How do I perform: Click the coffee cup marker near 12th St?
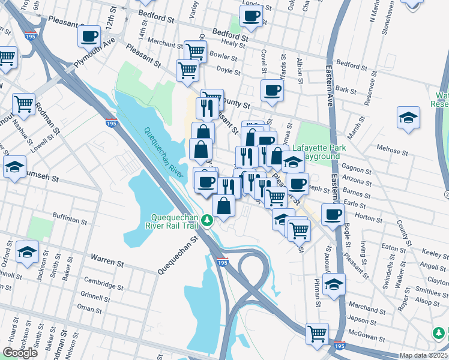point(89,35)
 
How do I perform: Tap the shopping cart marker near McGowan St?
point(318,333)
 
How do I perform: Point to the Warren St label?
point(107,260)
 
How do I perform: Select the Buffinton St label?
point(70,220)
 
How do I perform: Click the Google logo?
point(20,353)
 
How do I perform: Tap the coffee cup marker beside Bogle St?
point(332,214)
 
